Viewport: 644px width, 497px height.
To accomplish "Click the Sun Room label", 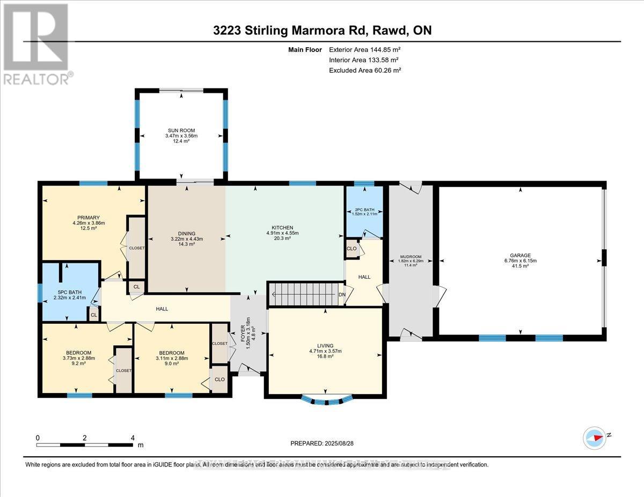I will point(180,130).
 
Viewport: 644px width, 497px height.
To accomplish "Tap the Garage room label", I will point(521,255).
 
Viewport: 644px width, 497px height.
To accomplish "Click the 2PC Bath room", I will point(364,212).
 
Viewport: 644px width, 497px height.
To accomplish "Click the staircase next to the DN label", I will point(303,294).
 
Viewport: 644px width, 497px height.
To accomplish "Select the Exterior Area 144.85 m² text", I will point(365,50).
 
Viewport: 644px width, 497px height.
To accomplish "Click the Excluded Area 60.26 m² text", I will point(365,70).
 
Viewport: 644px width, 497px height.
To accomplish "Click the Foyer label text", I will point(243,336).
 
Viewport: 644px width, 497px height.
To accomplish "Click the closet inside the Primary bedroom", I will point(136,248).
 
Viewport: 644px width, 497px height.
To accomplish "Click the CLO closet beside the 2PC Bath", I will point(352,249).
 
